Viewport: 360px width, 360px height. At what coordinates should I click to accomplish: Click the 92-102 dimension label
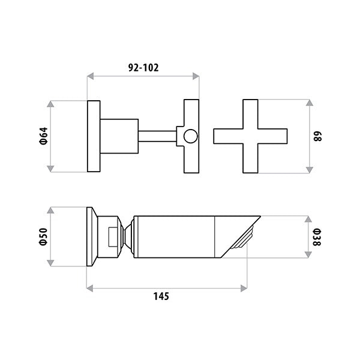coord(143,68)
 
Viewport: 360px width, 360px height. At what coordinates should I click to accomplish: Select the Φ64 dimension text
coord(44,136)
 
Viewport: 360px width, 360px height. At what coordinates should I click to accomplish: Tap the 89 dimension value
coord(317,136)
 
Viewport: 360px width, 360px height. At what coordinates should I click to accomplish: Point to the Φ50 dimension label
coord(44,237)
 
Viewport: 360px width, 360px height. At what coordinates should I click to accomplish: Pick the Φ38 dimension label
coord(317,237)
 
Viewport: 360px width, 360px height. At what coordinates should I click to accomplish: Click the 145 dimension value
coord(161,296)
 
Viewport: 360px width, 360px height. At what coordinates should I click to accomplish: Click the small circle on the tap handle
coord(190,136)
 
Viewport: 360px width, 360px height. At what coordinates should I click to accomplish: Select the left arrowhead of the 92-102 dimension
coord(91,76)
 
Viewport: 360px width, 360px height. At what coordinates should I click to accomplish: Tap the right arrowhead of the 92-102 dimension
coord(196,76)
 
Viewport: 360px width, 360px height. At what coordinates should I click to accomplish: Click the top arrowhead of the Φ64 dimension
coord(50,104)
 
